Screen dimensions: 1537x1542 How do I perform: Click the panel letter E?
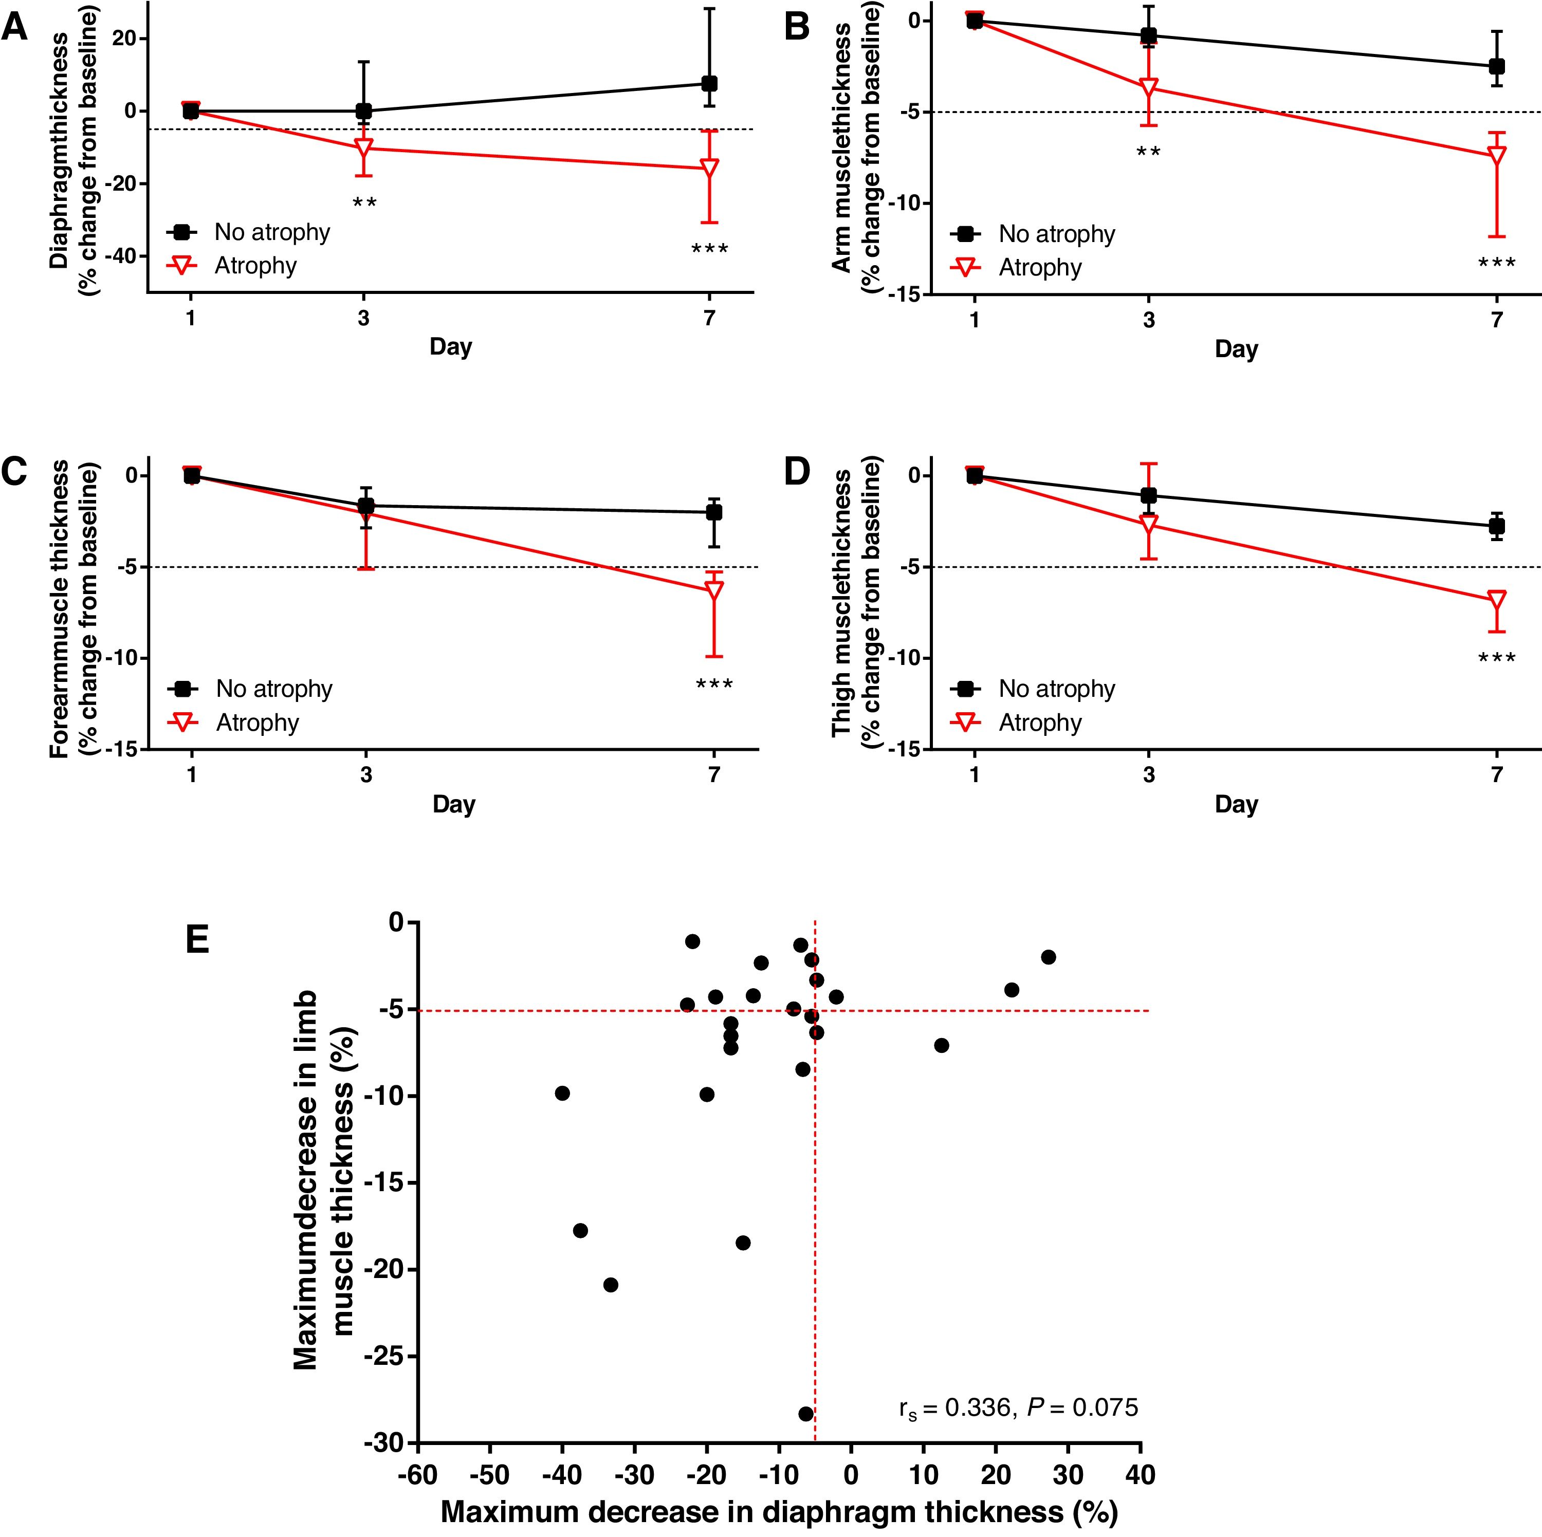coord(197,940)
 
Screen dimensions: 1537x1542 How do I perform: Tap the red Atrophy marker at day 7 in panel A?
coord(709,168)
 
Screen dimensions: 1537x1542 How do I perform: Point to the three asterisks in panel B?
coord(1496,263)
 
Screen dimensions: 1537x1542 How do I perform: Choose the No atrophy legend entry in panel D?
coord(1056,689)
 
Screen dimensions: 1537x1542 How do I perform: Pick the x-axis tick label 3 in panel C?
coord(365,775)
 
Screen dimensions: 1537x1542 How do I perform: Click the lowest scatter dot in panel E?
coord(805,1414)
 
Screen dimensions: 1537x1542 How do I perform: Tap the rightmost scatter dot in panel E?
coord(1048,957)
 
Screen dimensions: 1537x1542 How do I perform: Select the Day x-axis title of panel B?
coord(1236,349)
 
